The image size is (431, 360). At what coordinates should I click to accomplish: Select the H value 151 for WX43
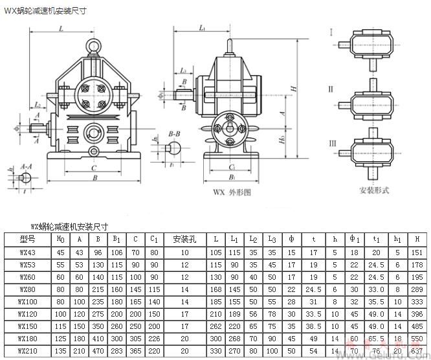coord(417,253)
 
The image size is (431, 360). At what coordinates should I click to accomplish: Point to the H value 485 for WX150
coord(417,326)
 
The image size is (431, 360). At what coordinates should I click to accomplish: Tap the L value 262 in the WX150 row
coord(215,326)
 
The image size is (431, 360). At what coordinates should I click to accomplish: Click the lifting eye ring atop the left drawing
coord(94,47)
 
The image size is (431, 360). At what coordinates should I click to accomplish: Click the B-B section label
coord(173,132)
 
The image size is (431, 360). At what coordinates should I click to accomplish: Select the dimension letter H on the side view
coord(293,88)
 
